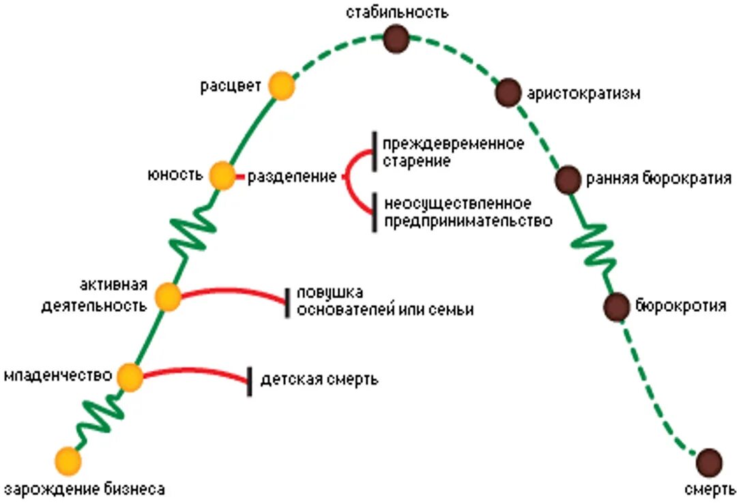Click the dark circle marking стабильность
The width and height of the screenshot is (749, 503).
(x=396, y=40)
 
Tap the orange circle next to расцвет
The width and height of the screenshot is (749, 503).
(x=281, y=87)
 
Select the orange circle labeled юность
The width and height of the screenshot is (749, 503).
(x=222, y=176)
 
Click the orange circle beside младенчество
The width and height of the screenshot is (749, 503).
(x=130, y=377)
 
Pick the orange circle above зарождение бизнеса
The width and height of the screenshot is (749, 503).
(x=68, y=461)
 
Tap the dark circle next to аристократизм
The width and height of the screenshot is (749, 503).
(x=508, y=92)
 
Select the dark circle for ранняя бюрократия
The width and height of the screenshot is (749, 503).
(x=568, y=180)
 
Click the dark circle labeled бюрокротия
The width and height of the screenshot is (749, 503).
(x=617, y=306)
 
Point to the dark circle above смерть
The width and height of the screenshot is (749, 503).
(x=709, y=462)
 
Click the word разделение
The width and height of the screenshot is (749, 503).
(x=291, y=177)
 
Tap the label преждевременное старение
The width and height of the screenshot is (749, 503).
(x=453, y=153)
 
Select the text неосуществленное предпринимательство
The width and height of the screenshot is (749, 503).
(x=467, y=212)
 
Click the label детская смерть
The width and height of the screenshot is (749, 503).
(x=319, y=379)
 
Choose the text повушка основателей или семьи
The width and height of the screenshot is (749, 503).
(x=385, y=301)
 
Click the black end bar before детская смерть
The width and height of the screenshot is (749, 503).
(x=250, y=381)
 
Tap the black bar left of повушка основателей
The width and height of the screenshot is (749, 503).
(x=288, y=302)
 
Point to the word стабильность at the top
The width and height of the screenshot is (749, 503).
(x=396, y=12)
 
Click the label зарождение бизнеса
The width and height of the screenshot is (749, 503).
(x=85, y=489)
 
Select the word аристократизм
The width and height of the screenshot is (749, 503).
(x=584, y=94)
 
